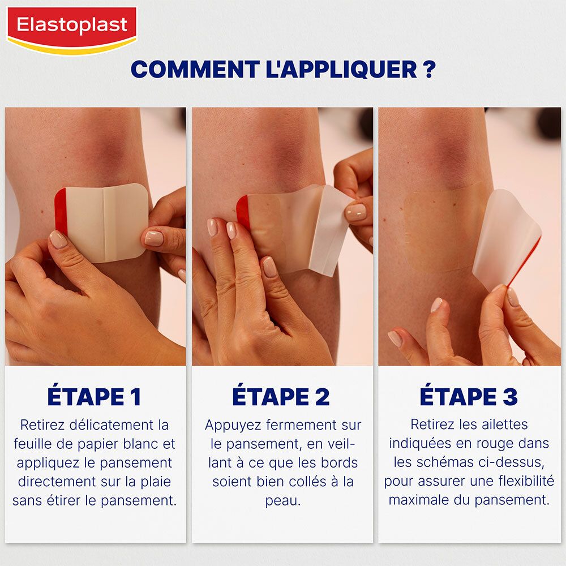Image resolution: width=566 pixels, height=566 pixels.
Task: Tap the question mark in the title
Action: coord(428,70)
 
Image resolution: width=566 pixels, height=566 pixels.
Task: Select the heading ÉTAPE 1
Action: coord(94,397)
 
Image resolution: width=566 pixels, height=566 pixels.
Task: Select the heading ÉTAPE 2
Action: coord(281,397)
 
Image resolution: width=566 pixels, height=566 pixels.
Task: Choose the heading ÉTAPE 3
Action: coord(469,397)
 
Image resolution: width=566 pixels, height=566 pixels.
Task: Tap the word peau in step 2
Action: coord(282,501)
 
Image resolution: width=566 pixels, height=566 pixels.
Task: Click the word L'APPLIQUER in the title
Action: coord(341,70)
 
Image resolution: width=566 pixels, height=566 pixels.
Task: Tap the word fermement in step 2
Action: coord(296,424)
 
